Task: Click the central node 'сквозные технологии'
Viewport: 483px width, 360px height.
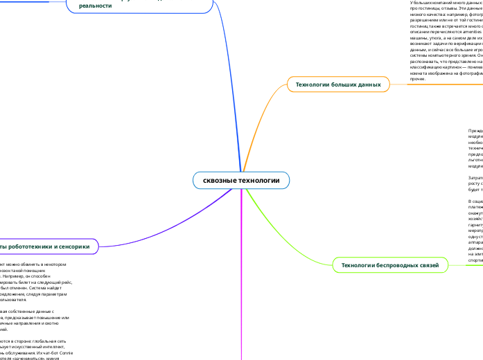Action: point(241,181)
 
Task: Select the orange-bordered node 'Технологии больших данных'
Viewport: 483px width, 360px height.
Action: point(339,84)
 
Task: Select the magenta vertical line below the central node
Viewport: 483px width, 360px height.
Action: point(241,277)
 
